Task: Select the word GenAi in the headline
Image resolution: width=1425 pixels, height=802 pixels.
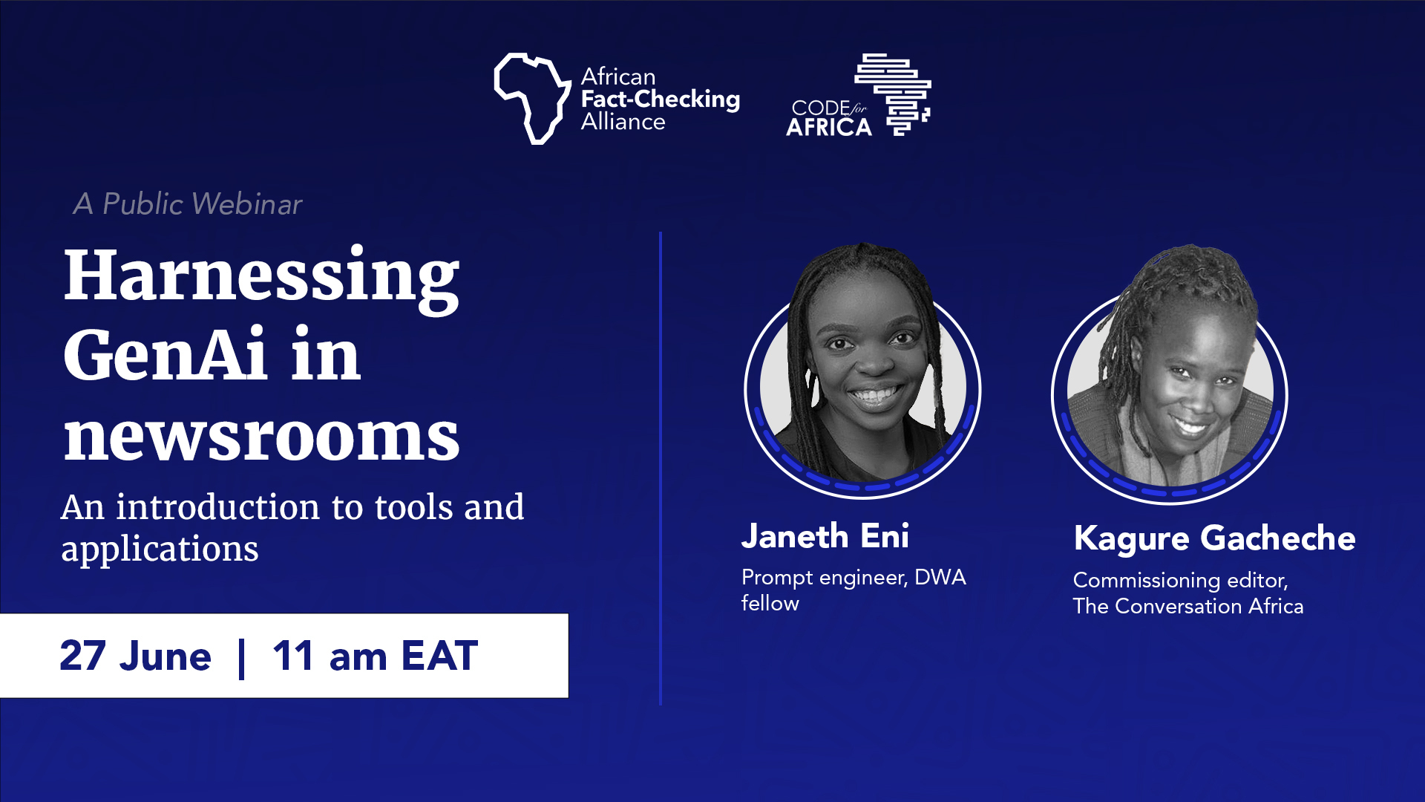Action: [x=165, y=354]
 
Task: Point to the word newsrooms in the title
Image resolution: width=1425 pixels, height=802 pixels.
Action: [x=261, y=437]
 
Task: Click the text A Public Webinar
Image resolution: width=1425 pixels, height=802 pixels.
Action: [x=188, y=204]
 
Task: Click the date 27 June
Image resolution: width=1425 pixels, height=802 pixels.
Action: [x=136, y=656]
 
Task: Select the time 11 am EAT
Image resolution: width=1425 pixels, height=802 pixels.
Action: [x=376, y=656]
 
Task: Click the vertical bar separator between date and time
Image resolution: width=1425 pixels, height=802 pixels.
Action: [x=242, y=657]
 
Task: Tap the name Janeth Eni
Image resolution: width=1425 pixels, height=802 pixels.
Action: [x=825, y=536]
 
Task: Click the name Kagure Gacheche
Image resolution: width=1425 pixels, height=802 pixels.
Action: [x=1214, y=539]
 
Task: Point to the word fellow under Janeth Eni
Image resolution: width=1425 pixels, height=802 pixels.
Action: [x=770, y=603]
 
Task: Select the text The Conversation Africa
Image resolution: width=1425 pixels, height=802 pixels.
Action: [x=1188, y=606]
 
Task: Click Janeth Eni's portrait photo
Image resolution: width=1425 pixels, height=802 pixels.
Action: [x=863, y=370]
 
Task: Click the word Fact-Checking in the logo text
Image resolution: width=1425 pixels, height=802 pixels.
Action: [x=661, y=100]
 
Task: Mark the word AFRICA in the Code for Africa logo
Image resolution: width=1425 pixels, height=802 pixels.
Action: [x=829, y=128]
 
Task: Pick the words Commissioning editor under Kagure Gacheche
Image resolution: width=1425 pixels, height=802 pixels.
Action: [x=1181, y=581]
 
